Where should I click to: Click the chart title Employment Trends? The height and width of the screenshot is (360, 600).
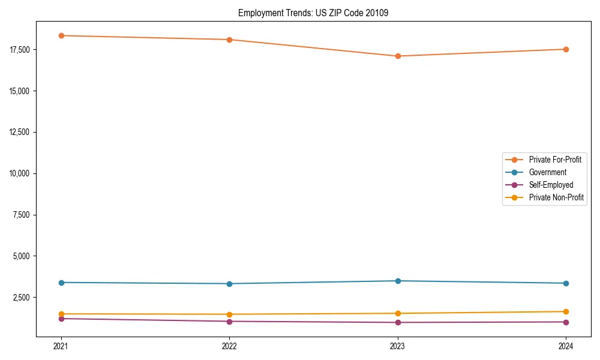point(313,13)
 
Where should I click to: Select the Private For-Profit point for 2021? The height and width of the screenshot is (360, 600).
point(61,35)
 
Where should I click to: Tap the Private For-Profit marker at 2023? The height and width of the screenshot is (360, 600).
point(398,56)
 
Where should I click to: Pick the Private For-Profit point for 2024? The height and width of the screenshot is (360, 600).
point(566,49)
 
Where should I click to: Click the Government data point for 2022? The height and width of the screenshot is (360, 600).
point(229,284)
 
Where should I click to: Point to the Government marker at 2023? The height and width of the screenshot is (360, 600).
point(398,281)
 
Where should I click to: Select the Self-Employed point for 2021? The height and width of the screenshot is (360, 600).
point(61,319)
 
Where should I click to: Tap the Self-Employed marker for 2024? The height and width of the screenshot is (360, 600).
point(566,322)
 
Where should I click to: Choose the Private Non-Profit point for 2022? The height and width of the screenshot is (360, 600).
point(229,314)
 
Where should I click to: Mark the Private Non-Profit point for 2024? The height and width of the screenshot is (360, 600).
point(566,311)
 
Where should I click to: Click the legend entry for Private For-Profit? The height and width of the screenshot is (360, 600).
point(554,160)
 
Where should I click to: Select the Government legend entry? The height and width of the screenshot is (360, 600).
point(547,172)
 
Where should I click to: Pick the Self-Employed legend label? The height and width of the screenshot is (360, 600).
point(551,185)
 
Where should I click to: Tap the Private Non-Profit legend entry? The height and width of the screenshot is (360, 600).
point(556,197)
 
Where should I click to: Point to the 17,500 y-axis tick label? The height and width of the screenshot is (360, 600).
point(22,49)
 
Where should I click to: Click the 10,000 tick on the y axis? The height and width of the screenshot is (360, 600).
point(22,173)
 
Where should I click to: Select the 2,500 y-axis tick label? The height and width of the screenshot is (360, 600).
point(24,298)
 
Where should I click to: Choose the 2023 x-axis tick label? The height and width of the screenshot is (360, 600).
point(398,346)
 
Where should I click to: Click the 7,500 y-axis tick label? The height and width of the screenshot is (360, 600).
point(24,215)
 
